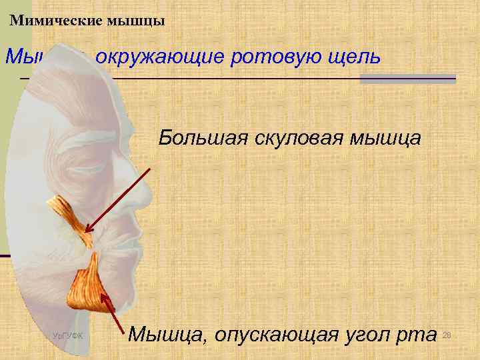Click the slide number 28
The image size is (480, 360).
(x=447, y=333)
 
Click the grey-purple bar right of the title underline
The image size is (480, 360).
(x=407, y=79)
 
